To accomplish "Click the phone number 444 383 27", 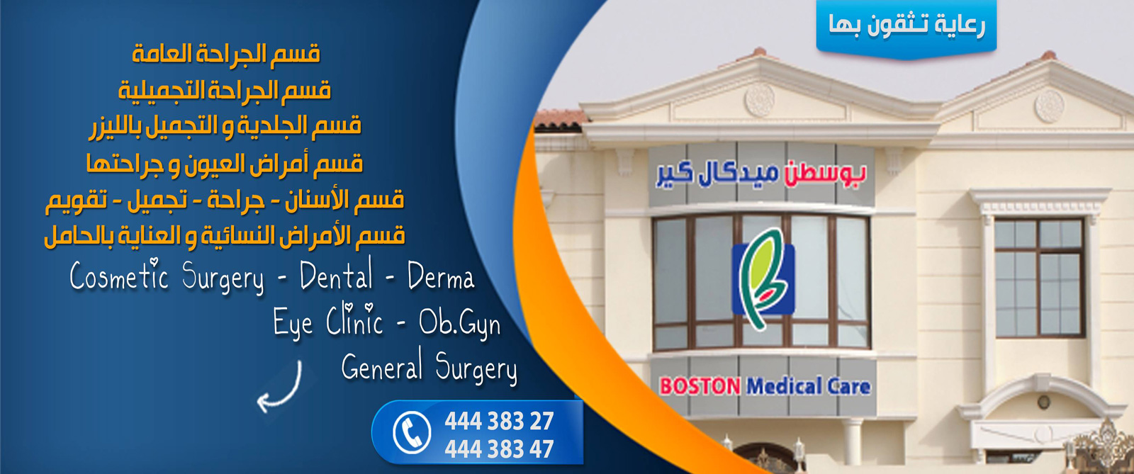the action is click(499, 421).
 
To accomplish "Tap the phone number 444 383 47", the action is click(499, 448).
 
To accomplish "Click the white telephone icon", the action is click(412, 432).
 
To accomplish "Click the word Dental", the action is click(336, 276).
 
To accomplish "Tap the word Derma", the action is click(441, 277).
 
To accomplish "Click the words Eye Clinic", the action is click(327, 321).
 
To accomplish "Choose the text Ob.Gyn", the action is click(460, 324).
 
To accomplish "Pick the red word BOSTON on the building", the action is click(700, 387).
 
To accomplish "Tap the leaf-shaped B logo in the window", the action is click(763, 279).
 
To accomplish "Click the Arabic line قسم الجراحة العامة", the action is click(226, 53).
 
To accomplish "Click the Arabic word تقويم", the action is click(77, 201).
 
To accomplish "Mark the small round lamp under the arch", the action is click(1043, 402).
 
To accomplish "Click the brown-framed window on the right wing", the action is click(1039, 278).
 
